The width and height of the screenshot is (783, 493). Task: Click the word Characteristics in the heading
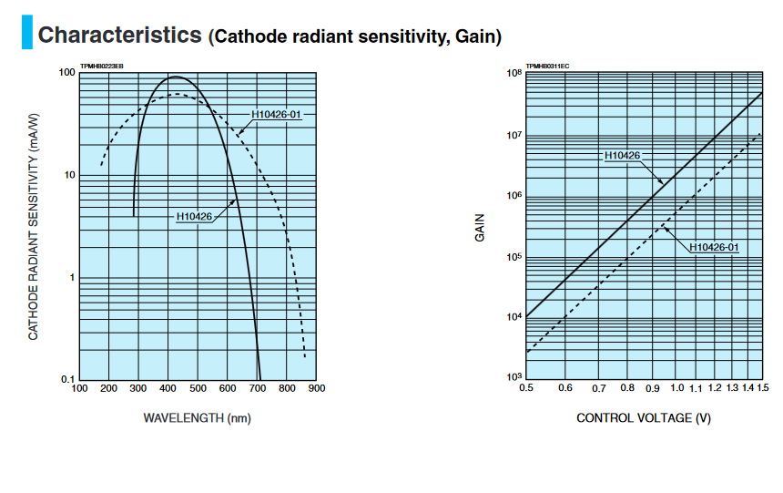(x=119, y=36)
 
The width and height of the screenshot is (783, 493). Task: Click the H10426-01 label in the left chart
(x=276, y=115)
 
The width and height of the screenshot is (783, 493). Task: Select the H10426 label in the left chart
(x=194, y=216)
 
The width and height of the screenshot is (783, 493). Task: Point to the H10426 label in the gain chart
(x=622, y=156)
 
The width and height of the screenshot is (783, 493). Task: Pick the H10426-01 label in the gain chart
(x=714, y=247)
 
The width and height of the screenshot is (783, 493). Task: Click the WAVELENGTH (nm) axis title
(x=197, y=418)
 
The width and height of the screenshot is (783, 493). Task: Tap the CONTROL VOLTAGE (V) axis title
(x=644, y=418)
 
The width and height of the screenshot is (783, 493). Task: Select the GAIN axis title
(x=480, y=227)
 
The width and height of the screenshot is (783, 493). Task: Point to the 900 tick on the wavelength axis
(x=317, y=389)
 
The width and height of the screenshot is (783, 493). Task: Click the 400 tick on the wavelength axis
(x=168, y=389)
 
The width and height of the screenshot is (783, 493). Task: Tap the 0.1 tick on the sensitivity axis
(x=66, y=379)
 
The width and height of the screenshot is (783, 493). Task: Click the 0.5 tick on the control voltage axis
(x=525, y=389)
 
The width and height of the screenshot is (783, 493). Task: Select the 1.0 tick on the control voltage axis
(x=676, y=389)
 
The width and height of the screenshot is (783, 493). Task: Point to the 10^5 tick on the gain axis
(x=513, y=257)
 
